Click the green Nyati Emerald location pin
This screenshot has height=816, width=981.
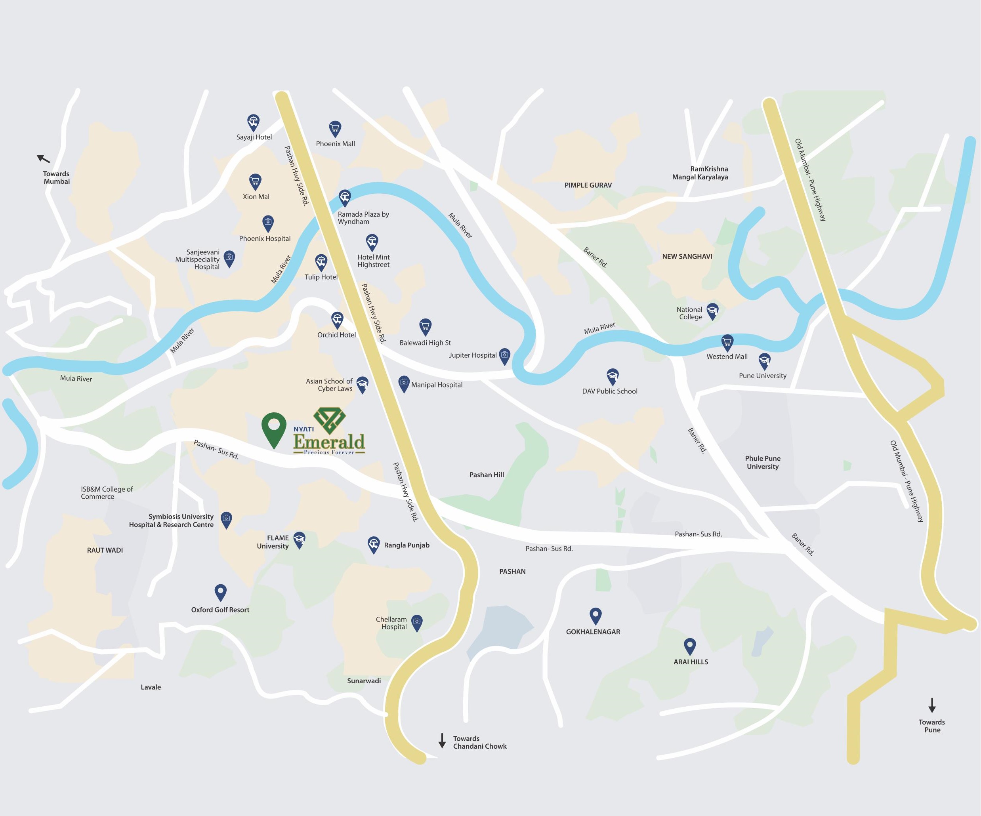(x=273, y=428)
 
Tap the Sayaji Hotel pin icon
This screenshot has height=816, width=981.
(x=253, y=123)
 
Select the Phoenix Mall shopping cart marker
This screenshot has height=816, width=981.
(x=335, y=128)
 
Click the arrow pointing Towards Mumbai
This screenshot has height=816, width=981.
(x=44, y=159)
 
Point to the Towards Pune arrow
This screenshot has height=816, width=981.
(x=931, y=705)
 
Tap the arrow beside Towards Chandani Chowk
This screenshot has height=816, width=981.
(x=441, y=741)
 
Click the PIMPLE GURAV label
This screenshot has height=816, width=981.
(x=588, y=185)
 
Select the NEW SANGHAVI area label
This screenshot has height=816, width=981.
(x=687, y=256)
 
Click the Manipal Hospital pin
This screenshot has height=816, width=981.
(x=404, y=383)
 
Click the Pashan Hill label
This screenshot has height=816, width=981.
(x=486, y=475)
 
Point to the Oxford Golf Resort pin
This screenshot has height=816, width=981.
(x=220, y=592)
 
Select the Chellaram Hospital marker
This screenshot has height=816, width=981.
(x=417, y=622)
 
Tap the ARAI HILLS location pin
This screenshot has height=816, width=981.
(x=689, y=646)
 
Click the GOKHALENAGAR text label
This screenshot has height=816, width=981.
(x=593, y=632)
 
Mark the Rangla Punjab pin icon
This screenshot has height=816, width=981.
(x=373, y=544)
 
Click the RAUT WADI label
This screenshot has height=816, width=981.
(x=105, y=550)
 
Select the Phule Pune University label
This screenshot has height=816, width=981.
(x=762, y=462)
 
